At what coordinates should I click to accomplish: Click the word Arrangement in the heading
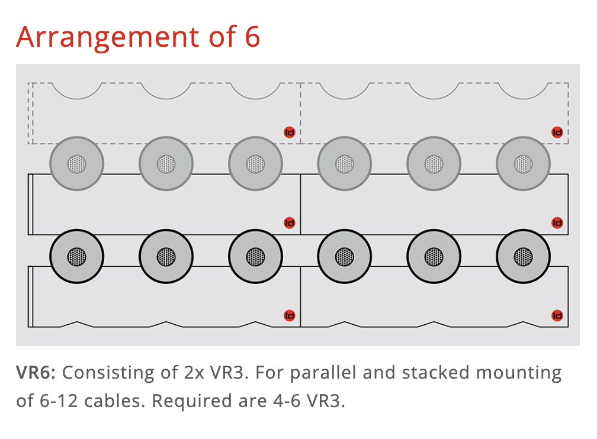coord(106,37)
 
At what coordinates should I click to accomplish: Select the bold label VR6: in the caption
coord(36,373)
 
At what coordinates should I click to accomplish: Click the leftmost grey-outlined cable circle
coord(76,164)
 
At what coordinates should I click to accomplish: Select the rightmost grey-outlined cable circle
coord(524,164)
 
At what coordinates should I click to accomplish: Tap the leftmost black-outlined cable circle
coord(76,257)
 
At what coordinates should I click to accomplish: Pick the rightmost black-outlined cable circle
coord(524,257)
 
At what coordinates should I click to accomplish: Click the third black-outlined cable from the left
coord(255,257)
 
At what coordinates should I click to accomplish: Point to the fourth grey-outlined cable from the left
coord(345,164)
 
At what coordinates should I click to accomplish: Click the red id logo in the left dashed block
coord(290,133)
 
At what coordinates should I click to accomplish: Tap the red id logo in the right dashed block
coord(557,133)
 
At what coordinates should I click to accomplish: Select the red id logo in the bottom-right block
coord(557,316)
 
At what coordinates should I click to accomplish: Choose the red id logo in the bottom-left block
coord(290,316)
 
